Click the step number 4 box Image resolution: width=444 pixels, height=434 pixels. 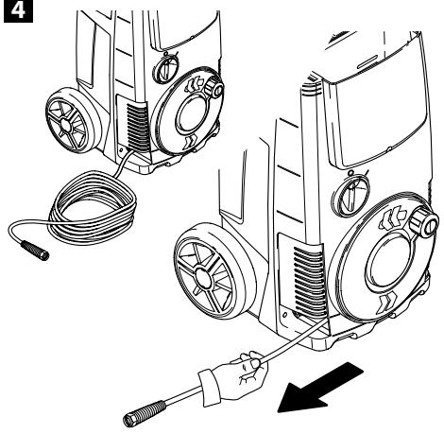pos(18,10)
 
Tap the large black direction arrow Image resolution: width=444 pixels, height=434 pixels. pos(319,389)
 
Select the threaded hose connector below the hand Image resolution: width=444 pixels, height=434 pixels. pos(145,413)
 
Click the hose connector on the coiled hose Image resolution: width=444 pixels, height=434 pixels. pos(35,251)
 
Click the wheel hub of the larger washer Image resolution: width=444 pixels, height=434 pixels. pos(204,277)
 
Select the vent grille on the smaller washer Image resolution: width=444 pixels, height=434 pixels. pos(137,126)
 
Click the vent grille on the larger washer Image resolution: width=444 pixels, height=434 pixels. pos(309,281)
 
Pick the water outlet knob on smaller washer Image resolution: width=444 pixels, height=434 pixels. pos(214,88)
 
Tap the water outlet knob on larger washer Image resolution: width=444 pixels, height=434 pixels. pos(423,223)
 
